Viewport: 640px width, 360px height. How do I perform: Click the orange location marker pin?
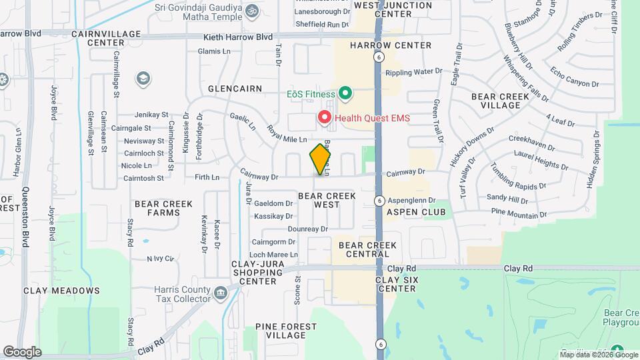coord(321,159)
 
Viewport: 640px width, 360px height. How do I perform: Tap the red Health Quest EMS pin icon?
coord(325,118)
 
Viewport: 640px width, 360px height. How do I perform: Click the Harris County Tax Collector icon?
coord(220,293)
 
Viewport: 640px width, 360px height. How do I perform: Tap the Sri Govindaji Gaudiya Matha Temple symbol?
coord(252,11)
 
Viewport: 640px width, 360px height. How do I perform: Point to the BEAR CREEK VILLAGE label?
coord(500,101)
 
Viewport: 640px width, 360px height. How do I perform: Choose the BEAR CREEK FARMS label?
coord(157,208)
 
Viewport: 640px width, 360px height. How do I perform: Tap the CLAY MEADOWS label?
coord(61,291)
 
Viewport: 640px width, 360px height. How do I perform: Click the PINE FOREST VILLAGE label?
coord(285,331)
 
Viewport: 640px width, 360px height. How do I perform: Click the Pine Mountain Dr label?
coord(519,214)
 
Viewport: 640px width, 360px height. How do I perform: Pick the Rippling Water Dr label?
coord(413,71)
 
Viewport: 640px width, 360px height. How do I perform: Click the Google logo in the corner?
coord(22,351)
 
